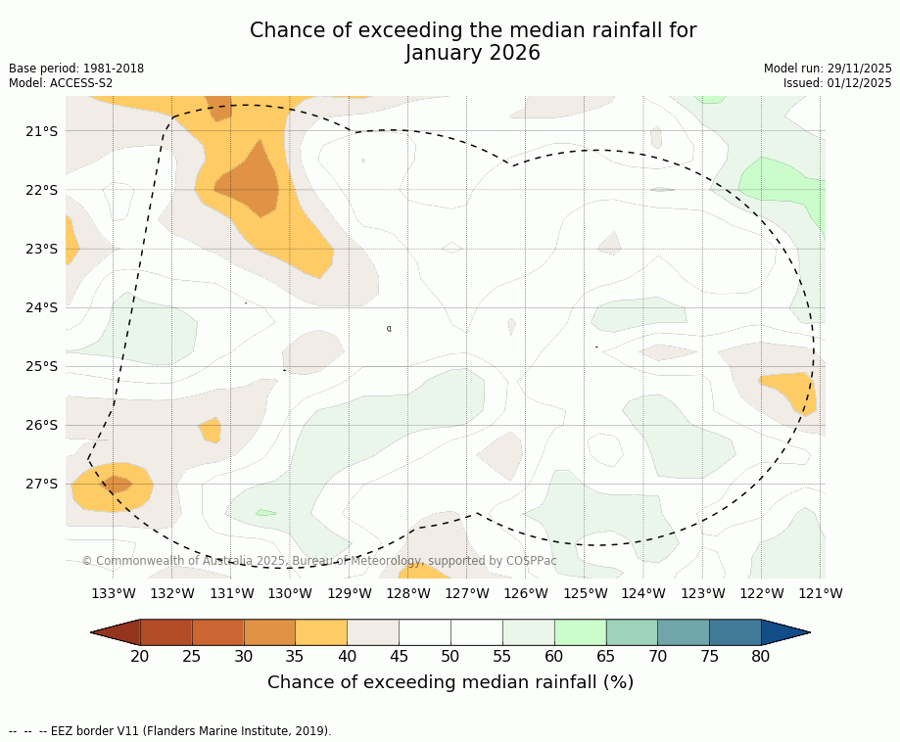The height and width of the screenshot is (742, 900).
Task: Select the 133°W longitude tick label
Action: coord(114,593)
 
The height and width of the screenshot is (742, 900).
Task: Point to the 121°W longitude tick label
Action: coord(820,593)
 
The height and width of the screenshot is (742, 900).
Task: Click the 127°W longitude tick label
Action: coord(467,593)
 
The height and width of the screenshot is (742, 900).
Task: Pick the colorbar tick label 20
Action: coord(140,656)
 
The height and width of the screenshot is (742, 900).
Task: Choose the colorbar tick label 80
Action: coord(761,656)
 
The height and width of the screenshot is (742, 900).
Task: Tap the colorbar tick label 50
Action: coord(450,656)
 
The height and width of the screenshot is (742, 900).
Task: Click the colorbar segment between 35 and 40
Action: coord(321,632)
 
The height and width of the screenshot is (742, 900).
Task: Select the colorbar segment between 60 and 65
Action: coord(580,632)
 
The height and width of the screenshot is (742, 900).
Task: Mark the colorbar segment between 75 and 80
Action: coord(734,632)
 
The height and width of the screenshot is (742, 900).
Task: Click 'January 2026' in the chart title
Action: coord(473,53)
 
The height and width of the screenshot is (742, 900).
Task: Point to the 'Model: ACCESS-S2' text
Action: coord(61,83)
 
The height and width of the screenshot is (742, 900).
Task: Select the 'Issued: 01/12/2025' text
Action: coord(837,83)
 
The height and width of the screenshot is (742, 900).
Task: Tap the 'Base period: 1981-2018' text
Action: coord(76,69)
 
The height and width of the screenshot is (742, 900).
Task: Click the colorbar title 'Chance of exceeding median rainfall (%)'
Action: coord(450,682)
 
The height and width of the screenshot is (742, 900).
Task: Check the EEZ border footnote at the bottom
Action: coord(169,730)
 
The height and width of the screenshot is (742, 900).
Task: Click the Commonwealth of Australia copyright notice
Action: coord(319,561)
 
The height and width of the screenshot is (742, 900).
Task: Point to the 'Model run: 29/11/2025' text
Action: coord(828,69)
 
